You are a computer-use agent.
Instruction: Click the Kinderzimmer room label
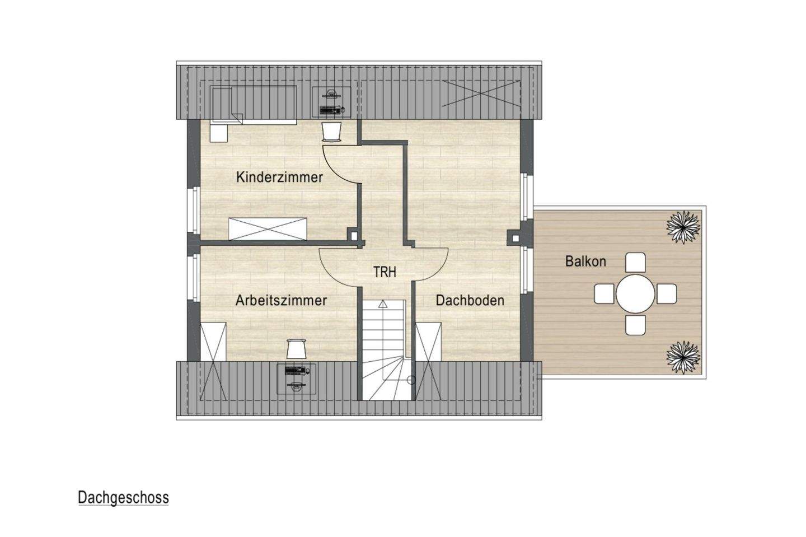coord(279,178)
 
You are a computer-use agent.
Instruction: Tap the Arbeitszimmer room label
coord(281,300)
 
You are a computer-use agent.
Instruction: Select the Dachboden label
coord(470,300)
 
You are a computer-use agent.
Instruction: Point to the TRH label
coord(385,272)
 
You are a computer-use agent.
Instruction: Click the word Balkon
coord(585,261)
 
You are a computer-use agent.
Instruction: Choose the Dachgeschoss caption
coord(123,498)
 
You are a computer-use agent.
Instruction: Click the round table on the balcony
coord(635,293)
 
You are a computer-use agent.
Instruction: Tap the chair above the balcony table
coord(635,262)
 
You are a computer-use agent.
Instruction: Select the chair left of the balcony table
coord(604,293)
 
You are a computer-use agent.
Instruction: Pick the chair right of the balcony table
coord(667,293)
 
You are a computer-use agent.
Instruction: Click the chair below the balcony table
coord(635,325)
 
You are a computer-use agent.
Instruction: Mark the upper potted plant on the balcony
coord(683,227)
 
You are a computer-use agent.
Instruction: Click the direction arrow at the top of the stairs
coord(382,305)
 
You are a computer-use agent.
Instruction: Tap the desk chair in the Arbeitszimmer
coord(296,348)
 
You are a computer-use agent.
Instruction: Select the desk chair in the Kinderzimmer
coord(331,131)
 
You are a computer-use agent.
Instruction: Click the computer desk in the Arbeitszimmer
coord(297,379)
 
